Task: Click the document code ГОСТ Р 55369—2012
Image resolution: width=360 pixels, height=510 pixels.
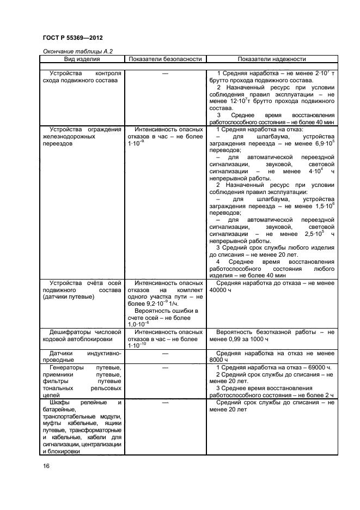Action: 72,38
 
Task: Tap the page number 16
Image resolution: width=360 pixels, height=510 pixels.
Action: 46,466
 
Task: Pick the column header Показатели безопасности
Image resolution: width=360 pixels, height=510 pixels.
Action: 164,59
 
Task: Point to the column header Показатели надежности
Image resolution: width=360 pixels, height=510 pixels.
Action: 271,59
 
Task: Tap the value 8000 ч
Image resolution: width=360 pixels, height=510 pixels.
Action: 219,360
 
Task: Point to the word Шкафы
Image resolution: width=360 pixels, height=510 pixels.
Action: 61,403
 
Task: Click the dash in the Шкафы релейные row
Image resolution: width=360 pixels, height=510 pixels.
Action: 165,403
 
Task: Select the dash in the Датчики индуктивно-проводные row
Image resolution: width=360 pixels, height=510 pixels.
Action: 165,353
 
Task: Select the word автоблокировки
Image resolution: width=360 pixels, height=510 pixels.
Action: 87,338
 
